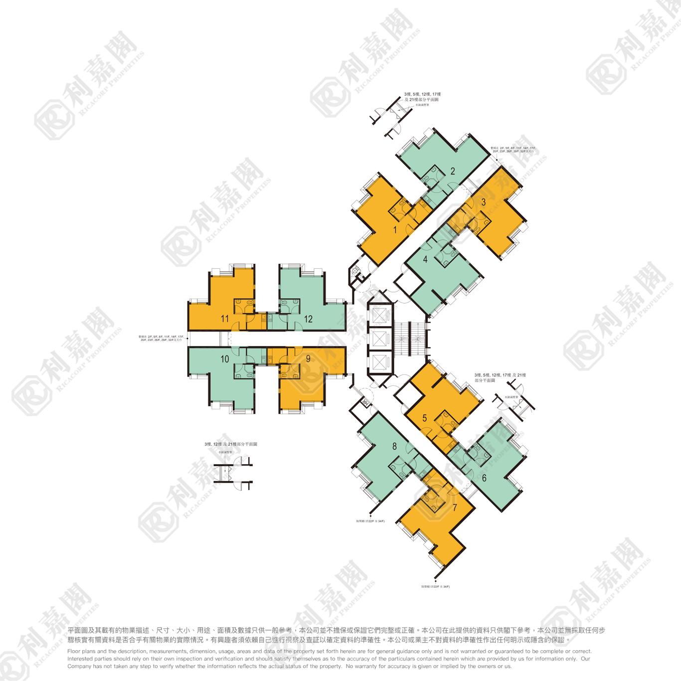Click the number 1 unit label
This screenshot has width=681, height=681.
[395, 230]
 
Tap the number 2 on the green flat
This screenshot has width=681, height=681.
[453, 171]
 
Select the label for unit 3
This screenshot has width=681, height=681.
[483, 202]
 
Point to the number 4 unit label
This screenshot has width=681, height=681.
[425, 259]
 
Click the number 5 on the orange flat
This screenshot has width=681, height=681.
[425, 418]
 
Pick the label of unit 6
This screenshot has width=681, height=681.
[484, 477]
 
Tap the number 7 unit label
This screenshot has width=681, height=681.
[454, 508]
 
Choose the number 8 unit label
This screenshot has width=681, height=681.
[394, 447]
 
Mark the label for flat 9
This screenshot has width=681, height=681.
[309, 358]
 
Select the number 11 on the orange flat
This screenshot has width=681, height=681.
[225, 319]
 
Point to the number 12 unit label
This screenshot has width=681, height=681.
[308, 319]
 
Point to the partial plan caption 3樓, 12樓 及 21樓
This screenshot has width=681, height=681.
[230, 444]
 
